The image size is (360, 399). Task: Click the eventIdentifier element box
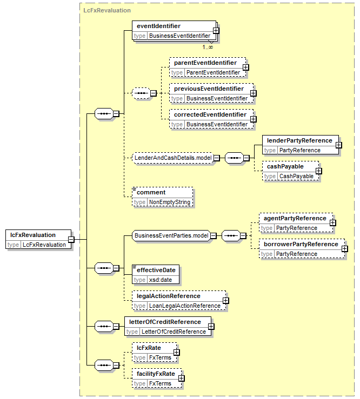174,31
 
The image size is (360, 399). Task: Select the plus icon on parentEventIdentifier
246,67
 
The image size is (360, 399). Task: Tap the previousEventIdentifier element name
209,89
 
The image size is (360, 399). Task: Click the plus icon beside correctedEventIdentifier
254,119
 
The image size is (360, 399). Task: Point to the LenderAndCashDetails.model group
173,158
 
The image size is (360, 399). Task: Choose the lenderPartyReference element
301,145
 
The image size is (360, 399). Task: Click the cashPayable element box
290,171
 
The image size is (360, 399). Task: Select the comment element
163,197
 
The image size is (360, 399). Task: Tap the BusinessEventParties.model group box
171,235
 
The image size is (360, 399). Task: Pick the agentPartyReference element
296,222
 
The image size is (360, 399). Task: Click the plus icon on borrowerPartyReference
345,248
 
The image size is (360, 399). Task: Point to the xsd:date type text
161,280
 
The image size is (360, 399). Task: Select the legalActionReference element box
179,301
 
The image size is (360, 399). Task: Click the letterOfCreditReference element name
165,322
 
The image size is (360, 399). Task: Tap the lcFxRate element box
155,353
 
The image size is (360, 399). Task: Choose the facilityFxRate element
157,378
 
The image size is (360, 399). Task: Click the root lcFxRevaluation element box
38,239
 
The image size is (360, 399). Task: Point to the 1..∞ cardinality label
208,47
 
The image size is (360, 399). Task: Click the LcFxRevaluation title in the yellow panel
107,10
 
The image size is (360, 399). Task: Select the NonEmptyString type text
170,202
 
